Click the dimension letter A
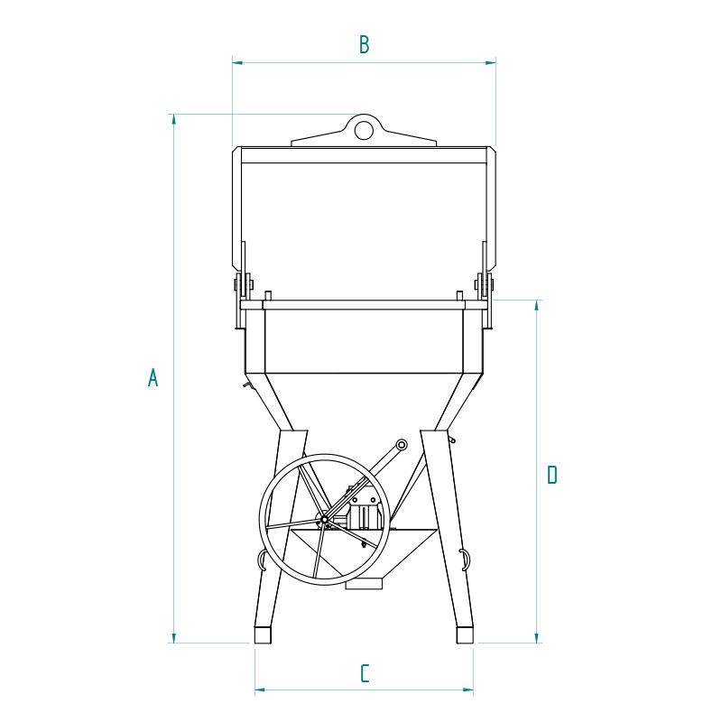tap(153, 377)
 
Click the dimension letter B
tap(365, 44)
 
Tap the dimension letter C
tap(365, 673)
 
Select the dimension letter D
tap(552, 475)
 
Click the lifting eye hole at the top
tap(364, 130)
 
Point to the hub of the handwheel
tap(324, 520)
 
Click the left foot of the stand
tap(263, 635)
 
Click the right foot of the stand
tap(465, 635)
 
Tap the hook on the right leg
tap(466, 560)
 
